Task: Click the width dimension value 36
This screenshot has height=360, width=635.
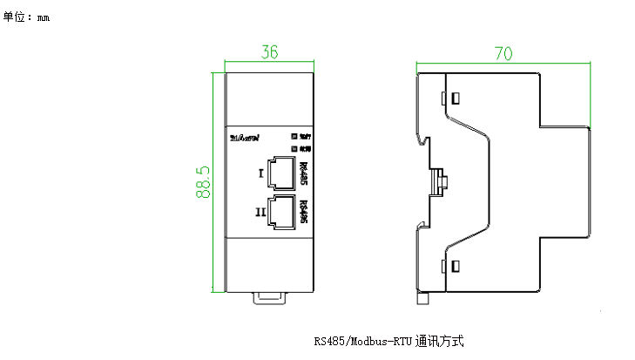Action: (269, 53)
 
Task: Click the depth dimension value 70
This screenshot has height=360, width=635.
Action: (503, 53)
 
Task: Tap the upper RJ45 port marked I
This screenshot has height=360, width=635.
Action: (282, 173)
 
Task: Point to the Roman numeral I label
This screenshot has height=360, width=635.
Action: (260, 173)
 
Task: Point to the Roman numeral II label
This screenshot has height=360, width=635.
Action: (260, 212)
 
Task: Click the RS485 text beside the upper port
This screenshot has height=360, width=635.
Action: (303, 173)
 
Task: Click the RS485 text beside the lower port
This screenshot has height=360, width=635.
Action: (303, 213)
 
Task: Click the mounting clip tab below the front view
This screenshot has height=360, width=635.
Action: (269, 299)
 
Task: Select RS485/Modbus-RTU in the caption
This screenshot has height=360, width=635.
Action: (363, 341)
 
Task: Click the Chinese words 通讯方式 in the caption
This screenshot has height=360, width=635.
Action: (447, 341)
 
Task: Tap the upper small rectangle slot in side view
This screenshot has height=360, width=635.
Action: (453, 96)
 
